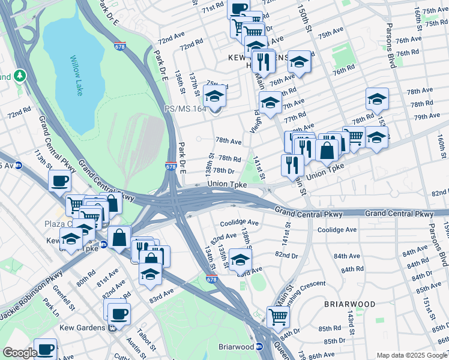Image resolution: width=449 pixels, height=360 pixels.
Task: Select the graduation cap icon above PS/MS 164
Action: click(214, 95)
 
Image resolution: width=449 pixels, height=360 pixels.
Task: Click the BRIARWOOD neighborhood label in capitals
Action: click(349, 304)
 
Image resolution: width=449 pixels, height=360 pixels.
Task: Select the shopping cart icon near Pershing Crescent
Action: click(277, 316)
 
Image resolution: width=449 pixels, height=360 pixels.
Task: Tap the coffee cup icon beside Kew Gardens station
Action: click(119, 313)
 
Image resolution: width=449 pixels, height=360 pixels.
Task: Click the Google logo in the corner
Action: click(20, 353)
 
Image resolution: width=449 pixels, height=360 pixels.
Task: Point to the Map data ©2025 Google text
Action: click(412, 355)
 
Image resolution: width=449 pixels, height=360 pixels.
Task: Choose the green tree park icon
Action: click(20, 76)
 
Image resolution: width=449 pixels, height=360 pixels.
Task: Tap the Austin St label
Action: click(133, 344)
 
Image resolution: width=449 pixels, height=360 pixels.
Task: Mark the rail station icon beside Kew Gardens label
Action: click(112, 328)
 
